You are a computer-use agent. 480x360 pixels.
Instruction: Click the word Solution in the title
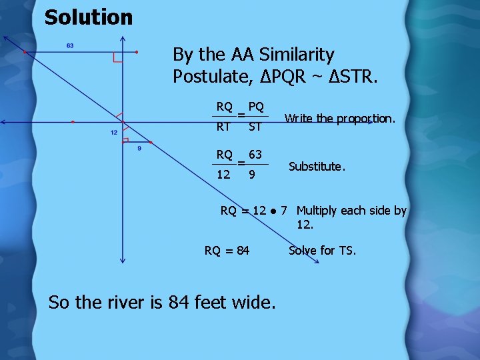coord(89,17)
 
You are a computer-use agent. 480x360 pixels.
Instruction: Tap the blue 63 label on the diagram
coord(69,46)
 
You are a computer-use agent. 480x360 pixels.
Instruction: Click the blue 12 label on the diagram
coord(114,133)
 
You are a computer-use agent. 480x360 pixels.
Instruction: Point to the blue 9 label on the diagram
coord(139,149)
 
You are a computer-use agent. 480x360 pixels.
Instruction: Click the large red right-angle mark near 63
coord(118,57)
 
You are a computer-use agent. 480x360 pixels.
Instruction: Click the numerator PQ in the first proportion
coord(255,107)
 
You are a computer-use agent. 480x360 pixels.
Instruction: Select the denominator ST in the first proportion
coord(254,126)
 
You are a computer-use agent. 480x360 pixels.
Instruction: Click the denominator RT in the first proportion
coord(224,126)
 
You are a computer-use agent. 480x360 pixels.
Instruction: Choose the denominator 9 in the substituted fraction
coord(251,175)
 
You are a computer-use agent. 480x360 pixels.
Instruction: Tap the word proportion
coord(365,119)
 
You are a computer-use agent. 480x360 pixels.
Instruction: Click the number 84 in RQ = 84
coord(242,251)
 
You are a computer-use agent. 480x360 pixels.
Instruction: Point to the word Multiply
coord(317,211)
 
